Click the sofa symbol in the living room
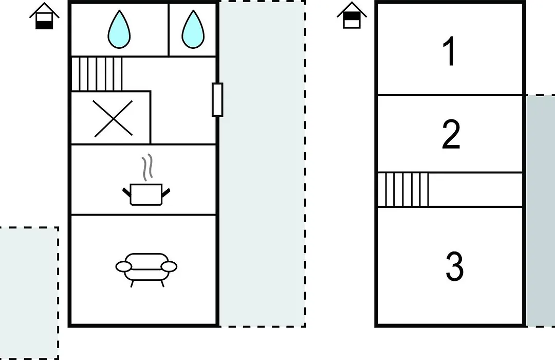146,269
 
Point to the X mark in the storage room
113,118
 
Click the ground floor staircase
97,74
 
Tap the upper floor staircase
403,190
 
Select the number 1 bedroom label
450,52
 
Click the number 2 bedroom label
451,134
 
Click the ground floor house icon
44,16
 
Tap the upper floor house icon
352,15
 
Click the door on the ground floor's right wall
217,100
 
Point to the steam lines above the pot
147,167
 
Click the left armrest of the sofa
123,267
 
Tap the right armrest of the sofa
169,267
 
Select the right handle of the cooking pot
166,192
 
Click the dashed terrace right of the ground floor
262,164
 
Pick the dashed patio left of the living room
29,293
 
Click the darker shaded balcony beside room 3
541,210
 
